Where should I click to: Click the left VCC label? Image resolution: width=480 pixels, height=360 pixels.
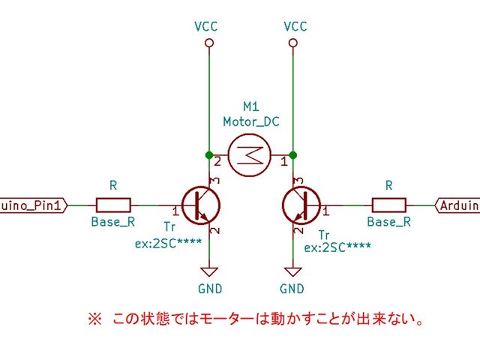coord(205,26)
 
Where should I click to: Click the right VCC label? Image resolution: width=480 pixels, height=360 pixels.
coord(295,26)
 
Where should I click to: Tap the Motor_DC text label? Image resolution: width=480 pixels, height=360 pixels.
coord(250,121)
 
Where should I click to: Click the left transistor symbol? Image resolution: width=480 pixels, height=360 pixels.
coord(202,203)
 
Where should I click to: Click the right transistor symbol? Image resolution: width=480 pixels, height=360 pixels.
coord(301,203)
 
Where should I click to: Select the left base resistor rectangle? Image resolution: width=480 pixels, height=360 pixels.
coord(113,203)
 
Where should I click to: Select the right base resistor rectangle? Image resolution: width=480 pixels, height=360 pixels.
coord(388,203)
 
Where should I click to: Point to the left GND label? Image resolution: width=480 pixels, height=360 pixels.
coord(208,289)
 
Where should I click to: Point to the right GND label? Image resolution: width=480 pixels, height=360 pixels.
coord(292,289)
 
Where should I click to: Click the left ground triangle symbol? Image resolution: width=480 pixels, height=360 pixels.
coord(208,271)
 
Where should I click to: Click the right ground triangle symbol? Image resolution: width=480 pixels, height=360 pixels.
coord(292,271)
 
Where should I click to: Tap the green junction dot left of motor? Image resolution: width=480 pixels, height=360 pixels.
coord(208,155)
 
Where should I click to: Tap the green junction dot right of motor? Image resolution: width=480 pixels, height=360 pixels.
coord(292,155)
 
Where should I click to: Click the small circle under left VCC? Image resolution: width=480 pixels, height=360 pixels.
coord(208,43)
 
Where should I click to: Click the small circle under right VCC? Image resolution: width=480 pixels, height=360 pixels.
coord(292,43)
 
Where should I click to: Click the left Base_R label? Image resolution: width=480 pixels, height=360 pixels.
coord(113,221)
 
